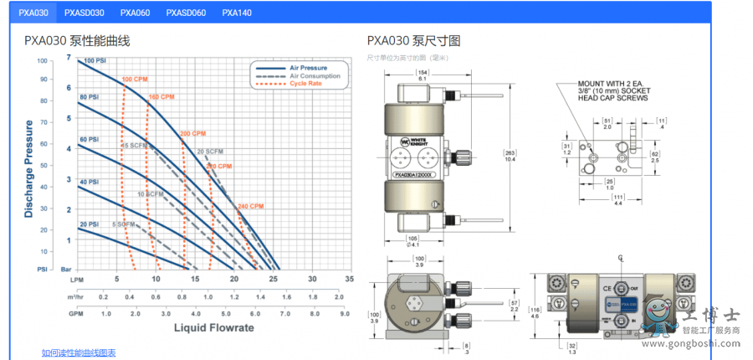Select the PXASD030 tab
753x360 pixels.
[x=85, y=13]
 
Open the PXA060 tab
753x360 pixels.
[x=135, y=13]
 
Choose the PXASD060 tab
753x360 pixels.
[x=186, y=13]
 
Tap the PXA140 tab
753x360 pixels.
[x=237, y=13]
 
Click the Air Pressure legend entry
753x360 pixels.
[x=307, y=67]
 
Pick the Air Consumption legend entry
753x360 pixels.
[x=314, y=75]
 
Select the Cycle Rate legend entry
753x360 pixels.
[x=306, y=83]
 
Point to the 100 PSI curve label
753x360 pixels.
[x=95, y=60]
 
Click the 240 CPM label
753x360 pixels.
[x=250, y=206]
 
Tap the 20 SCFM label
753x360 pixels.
[x=209, y=152]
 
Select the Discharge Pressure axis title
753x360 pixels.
[x=29, y=168]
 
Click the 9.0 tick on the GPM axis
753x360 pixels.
[x=343, y=313]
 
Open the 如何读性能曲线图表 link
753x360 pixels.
[x=79, y=352]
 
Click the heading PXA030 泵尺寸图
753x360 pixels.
[x=414, y=40]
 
